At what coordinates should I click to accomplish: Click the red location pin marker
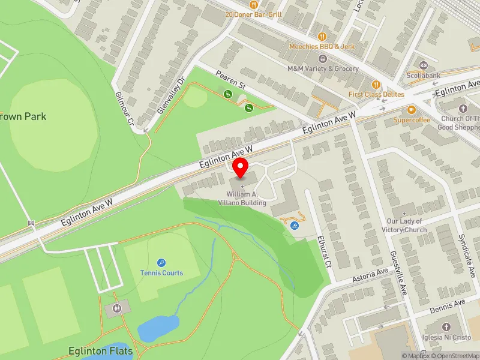[x=241, y=168]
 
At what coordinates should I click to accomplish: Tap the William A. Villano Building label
[x=246, y=199]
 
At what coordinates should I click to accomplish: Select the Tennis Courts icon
[x=161, y=262]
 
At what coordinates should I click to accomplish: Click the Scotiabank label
[x=424, y=76]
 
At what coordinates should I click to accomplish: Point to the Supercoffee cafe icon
[x=412, y=110]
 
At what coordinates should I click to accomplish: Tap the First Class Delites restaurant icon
[x=376, y=85]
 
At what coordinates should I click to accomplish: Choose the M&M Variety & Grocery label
[x=323, y=68]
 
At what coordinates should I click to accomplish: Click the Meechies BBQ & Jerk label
[x=323, y=46]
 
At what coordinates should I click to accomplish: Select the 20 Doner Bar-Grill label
[x=253, y=14]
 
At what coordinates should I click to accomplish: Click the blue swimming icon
[x=294, y=226]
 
